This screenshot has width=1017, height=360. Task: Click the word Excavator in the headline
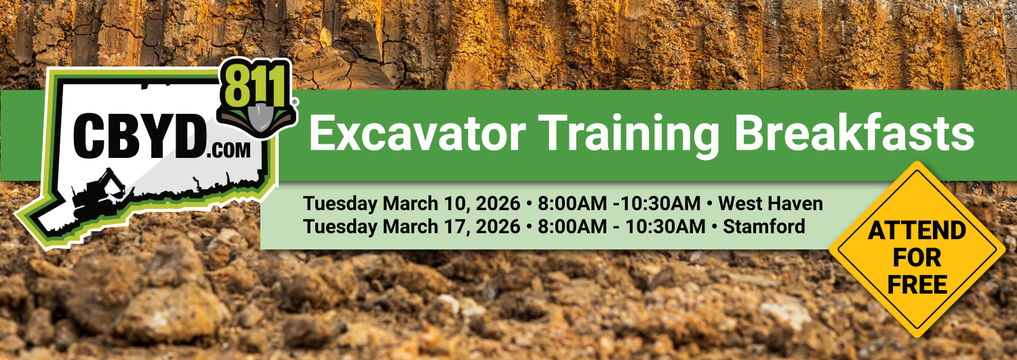[x=417, y=134]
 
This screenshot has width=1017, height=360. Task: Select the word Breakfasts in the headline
[x=854, y=132]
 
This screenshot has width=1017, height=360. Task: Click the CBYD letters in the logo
[x=140, y=136]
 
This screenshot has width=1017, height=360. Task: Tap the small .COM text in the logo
[x=228, y=151]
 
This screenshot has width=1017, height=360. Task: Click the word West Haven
[x=770, y=203]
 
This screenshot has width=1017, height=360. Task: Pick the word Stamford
[x=764, y=226]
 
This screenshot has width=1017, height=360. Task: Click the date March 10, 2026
[x=452, y=204]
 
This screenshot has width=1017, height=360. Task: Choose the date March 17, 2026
[x=452, y=226]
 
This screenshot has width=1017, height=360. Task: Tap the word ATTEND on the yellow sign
[x=917, y=231]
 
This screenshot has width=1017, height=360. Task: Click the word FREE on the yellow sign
[x=917, y=285]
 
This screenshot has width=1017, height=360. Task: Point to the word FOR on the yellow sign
[x=917, y=258]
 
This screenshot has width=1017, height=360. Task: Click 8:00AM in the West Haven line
[x=572, y=203]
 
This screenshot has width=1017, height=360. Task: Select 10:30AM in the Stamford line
[x=665, y=226]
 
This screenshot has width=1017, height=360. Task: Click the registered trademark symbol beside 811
[x=295, y=102]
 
